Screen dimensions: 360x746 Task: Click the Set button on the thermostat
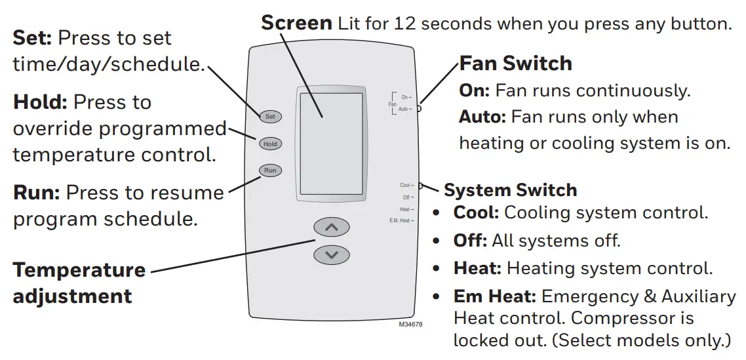(x=270, y=117)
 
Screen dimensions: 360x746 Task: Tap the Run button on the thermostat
(x=270, y=170)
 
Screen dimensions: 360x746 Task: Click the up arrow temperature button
(x=332, y=228)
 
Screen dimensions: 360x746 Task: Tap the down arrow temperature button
(x=332, y=254)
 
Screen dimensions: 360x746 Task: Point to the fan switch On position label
(x=404, y=97)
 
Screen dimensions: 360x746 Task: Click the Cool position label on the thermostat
(x=404, y=186)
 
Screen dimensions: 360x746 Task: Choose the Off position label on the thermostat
(x=406, y=197)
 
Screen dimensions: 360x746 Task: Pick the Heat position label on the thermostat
(x=404, y=209)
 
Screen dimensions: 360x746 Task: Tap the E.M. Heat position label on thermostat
(x=399, y=221)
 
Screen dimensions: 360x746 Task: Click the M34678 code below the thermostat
(x=411, y=325)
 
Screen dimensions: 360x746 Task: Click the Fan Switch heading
(x=515, y=64)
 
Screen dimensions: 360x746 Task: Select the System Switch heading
(x=511, y=191)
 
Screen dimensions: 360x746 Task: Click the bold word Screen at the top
(x=296, y=23)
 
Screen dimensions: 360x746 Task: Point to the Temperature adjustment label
(x=79, y=283)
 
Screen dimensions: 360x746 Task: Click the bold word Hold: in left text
(x=40, y=102)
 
